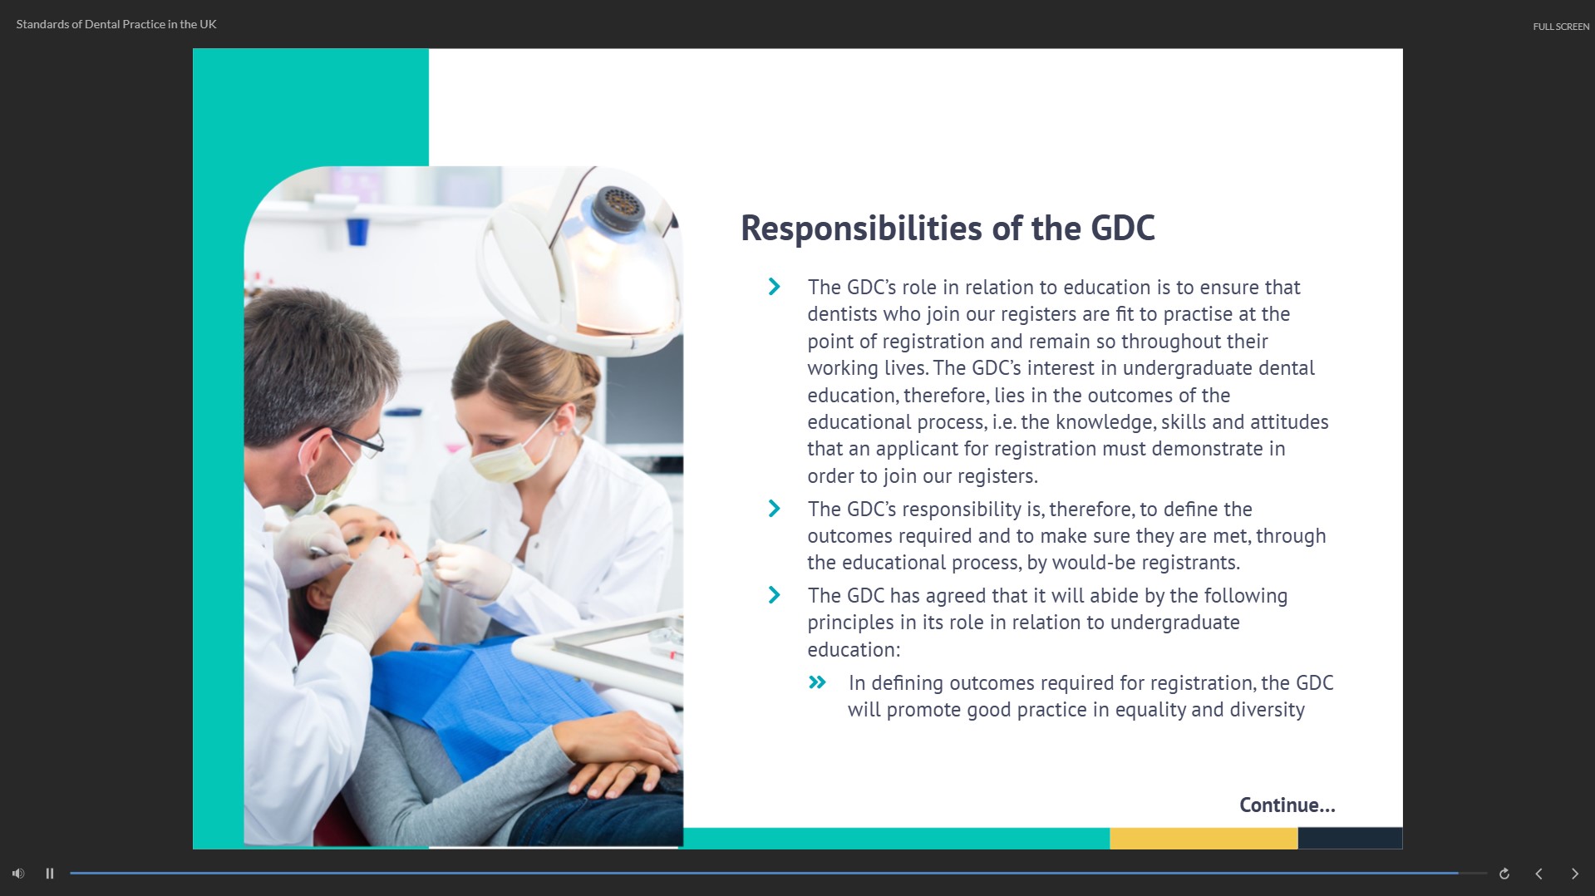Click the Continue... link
[x=1287, y=805]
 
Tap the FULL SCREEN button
[x=1561, y=27]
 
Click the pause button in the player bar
[x=50, y=874]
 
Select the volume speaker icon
[x=18, y=874]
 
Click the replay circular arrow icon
[x=1504, y=874]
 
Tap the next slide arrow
[x=1574, y=874]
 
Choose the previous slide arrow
[x=1538, y=874]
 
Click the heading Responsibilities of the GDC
[x=948, y=229]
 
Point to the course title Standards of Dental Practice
[x=116, y=24]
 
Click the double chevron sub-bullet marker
[x=817, y=682]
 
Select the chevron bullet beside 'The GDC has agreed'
[x=775, y=595]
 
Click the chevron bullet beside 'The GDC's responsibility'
[x=775, y=508]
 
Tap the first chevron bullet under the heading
[x=775, y=287]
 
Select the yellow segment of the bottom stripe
[x=1204, y=838]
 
